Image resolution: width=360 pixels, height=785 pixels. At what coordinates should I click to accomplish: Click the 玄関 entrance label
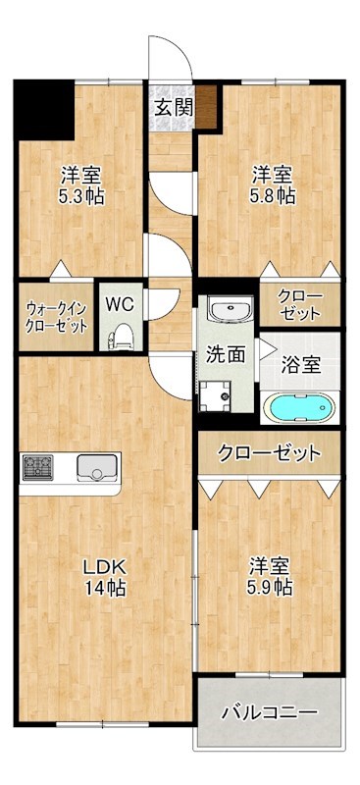[173, 106]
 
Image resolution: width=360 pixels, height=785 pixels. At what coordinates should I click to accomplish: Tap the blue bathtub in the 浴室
[300, 407]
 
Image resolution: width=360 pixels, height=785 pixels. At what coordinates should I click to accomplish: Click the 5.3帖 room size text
[81, 195]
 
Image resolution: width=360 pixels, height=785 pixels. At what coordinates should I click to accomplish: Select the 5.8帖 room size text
[272, 195]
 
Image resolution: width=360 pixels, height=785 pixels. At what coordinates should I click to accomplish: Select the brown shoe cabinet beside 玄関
[207, 107]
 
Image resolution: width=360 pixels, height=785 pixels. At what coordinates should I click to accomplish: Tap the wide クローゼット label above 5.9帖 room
[269, 453]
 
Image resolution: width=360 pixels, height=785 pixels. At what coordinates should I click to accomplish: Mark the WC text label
[121, 299]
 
